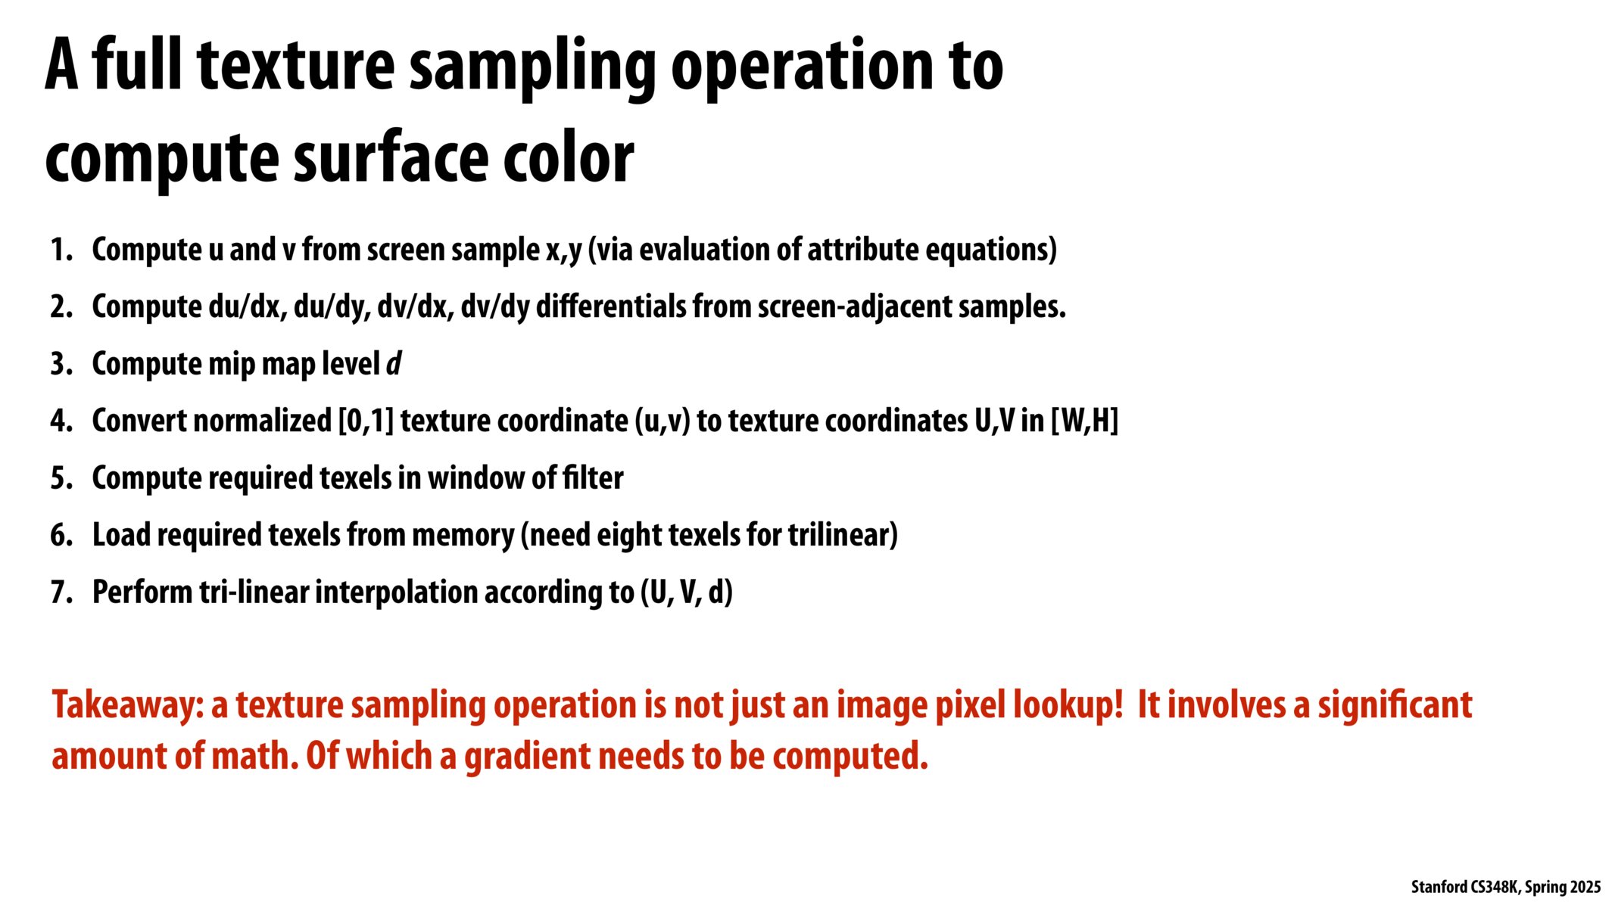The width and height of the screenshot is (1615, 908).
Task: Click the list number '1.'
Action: point(61,250)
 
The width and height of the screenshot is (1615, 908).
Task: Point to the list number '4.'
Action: point(61,421)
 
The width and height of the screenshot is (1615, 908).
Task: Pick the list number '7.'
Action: point(61,592)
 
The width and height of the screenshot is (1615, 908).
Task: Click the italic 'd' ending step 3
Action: point(394,364)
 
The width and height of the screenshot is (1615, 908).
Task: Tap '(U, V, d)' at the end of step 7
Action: point(687,592)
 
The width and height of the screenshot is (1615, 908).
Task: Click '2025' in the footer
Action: point(1585,887)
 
